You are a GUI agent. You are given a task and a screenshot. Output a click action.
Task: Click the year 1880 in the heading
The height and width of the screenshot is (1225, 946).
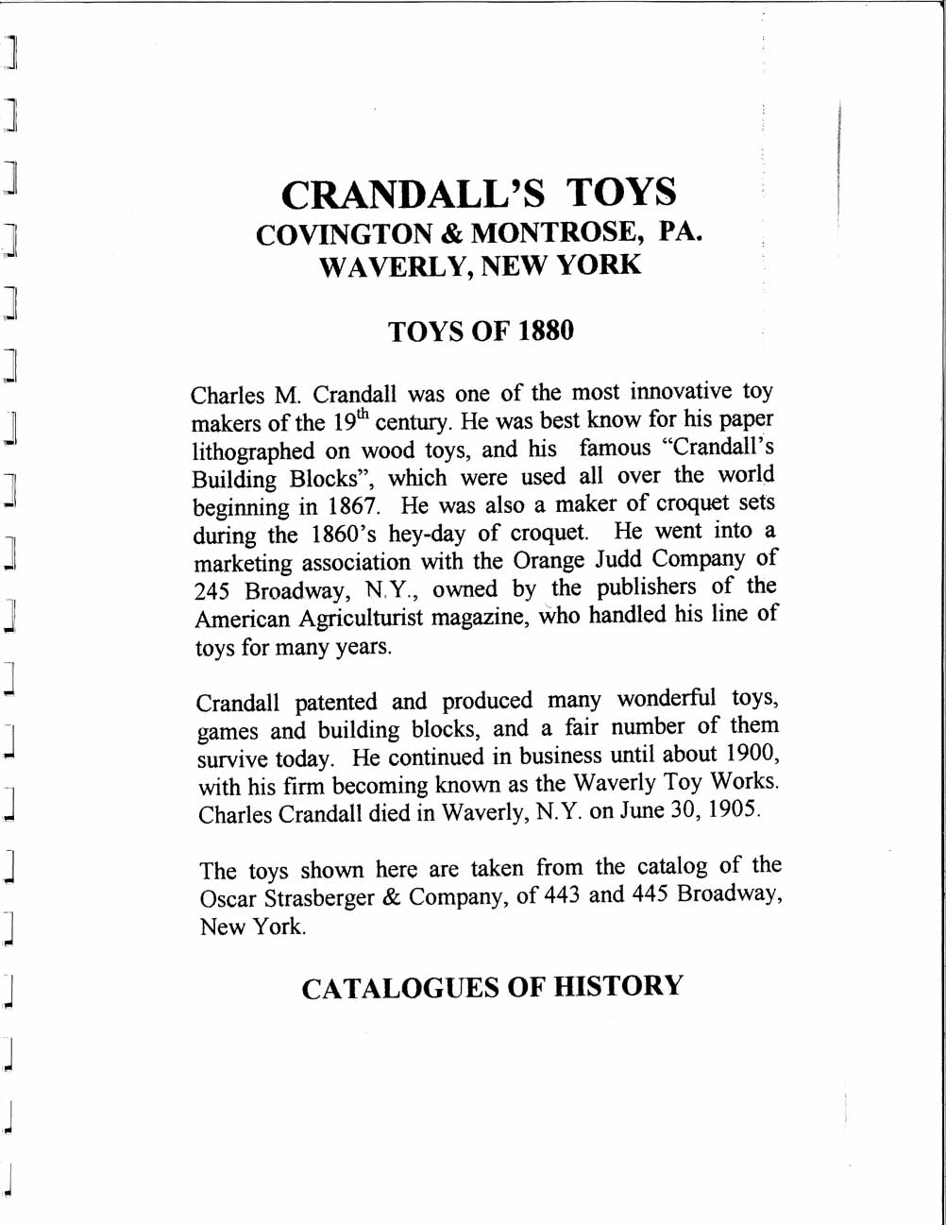point(546,332)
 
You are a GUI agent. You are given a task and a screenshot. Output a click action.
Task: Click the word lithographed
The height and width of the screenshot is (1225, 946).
point(253,451)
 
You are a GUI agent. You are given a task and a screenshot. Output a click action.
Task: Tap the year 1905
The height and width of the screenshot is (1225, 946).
point(731,810)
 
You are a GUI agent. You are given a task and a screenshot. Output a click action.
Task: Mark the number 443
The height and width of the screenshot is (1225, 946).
point(562,894)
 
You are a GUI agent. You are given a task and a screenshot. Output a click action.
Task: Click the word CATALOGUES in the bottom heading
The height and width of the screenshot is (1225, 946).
point(399,988)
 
